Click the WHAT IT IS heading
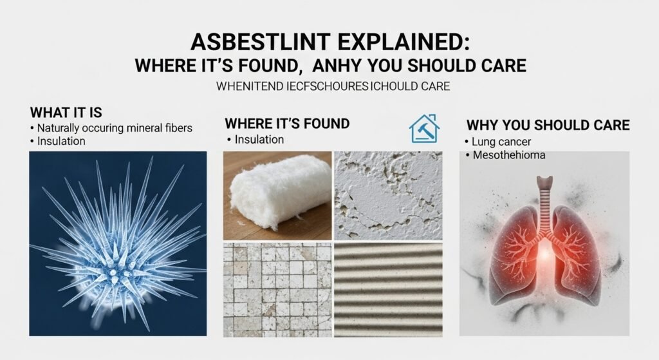coord(66,113)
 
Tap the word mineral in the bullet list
coord(144,128)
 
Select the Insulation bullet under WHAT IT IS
coord(62,140)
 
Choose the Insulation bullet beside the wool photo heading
coord(259,139)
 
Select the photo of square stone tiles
coord(277,289)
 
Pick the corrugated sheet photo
coord(388,289)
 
